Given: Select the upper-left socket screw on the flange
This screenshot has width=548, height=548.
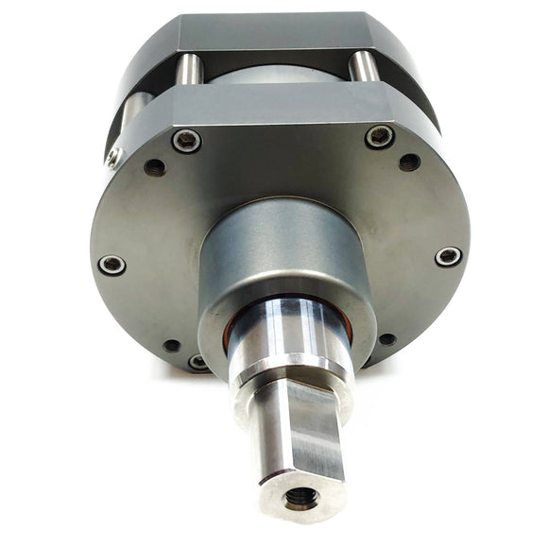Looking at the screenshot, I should pos(186,141).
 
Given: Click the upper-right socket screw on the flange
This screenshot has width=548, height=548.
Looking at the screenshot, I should pos(379,137).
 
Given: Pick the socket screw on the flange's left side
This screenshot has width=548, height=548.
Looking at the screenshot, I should pos(111,265).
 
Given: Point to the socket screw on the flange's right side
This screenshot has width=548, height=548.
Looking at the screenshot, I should pos(448,256).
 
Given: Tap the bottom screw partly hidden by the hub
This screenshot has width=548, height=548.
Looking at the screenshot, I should pos(197,361).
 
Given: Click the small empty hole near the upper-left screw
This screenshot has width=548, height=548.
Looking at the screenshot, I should pos(155,167).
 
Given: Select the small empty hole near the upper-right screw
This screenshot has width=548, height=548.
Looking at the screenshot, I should pos(409,162).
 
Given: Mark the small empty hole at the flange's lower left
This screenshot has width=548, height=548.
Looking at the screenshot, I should pos(171,346).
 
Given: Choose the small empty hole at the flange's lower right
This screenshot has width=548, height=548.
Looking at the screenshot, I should pos(386,339).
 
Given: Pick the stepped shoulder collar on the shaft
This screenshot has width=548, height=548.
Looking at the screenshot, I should pos(288,364).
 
